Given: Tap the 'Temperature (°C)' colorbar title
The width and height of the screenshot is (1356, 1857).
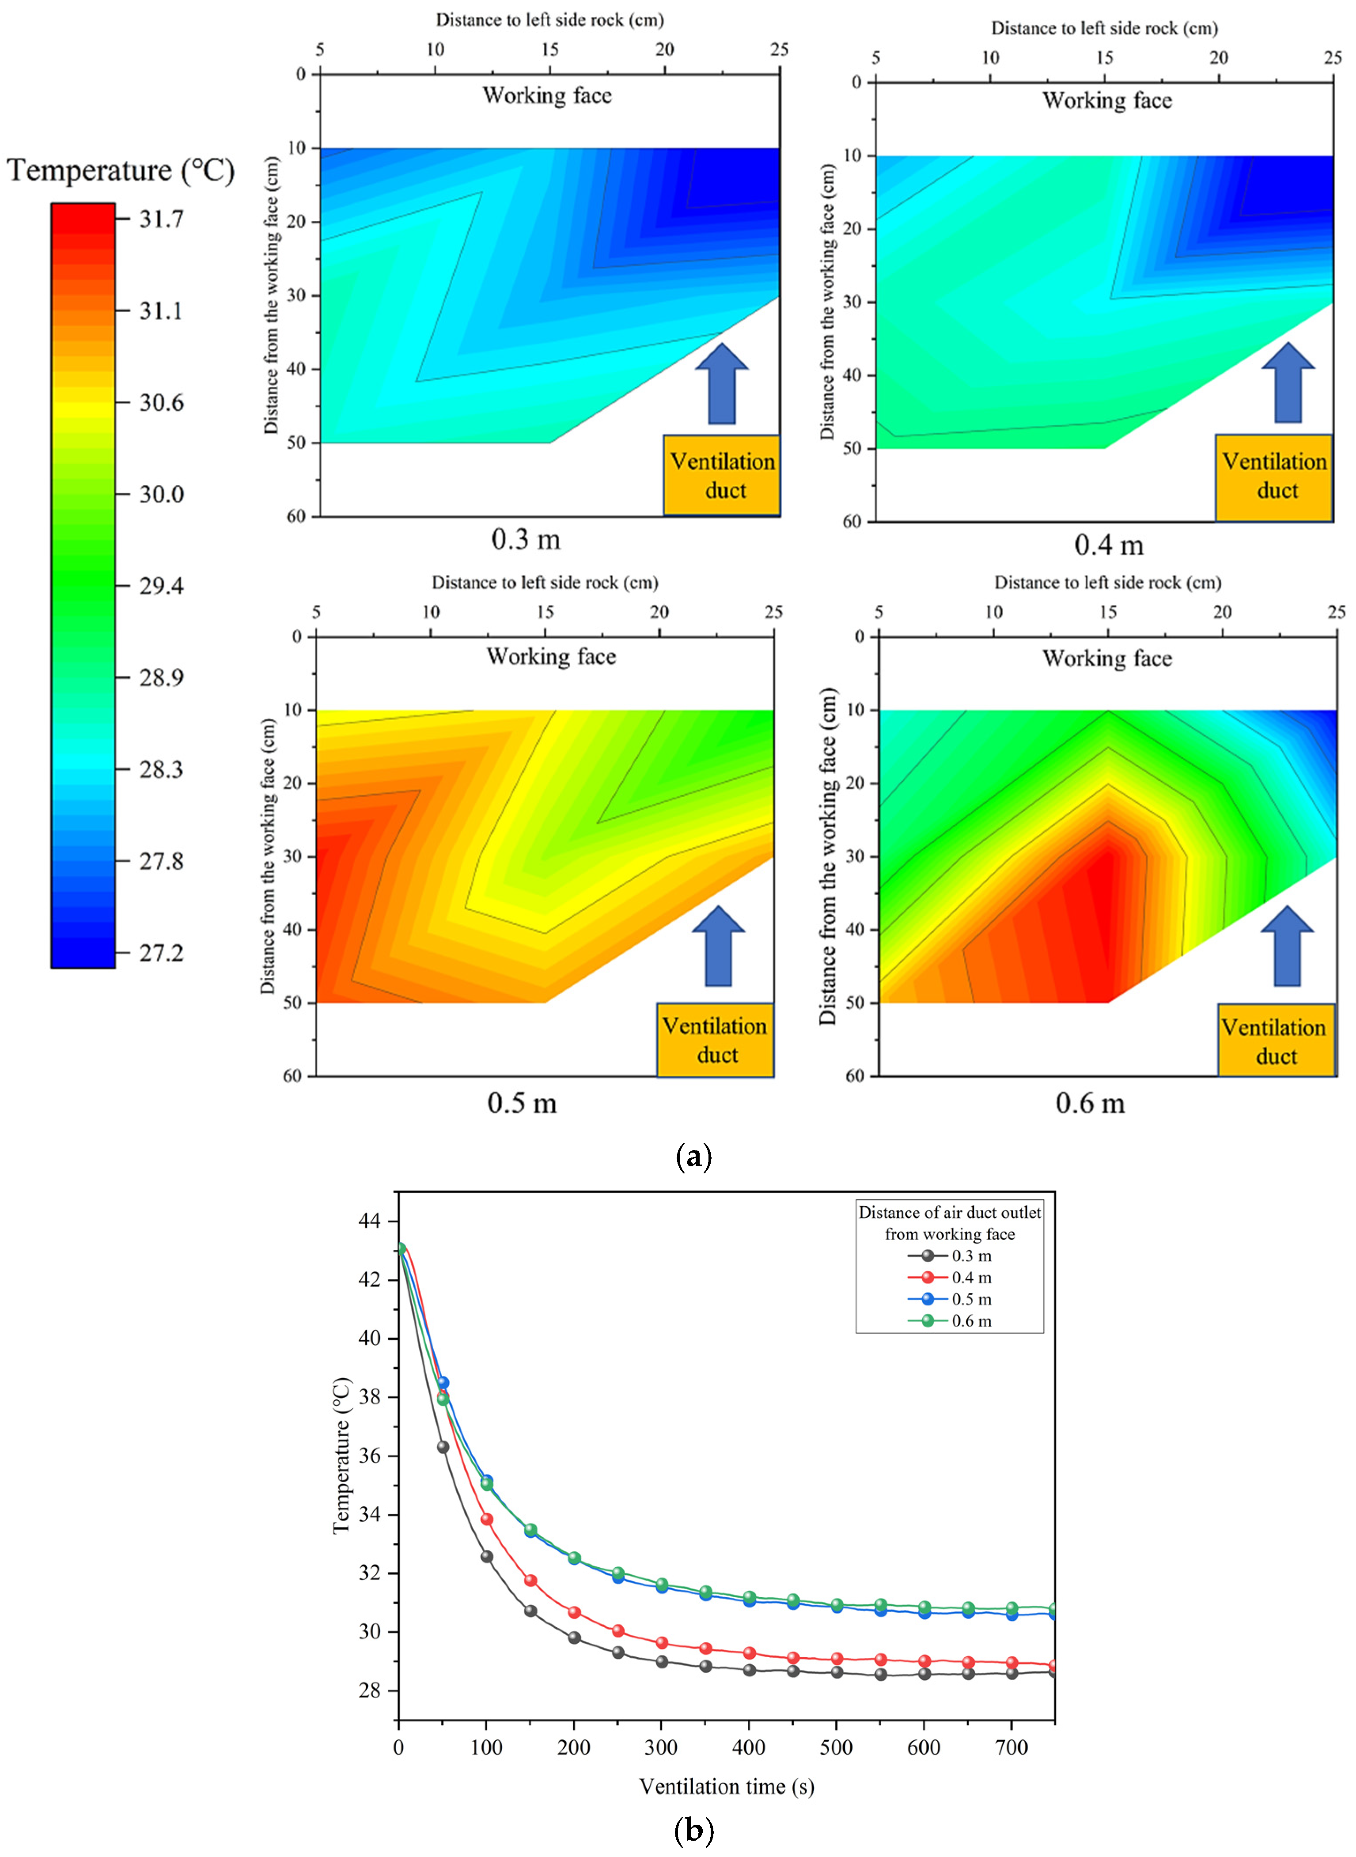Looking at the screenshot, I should (121, 170).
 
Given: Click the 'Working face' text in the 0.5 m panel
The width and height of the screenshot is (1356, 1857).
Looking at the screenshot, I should (551, 657).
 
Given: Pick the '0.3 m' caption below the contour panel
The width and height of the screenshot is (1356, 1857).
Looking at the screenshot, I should (525, 540).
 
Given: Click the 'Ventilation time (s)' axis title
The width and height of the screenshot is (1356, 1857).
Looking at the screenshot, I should (727, 1786).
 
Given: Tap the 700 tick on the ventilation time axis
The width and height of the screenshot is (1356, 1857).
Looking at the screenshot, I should (1011, 1748).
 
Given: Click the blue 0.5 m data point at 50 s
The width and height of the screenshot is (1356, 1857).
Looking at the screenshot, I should (443, 1383).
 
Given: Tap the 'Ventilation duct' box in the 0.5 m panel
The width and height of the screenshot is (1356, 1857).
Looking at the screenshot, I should (715, 1040).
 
